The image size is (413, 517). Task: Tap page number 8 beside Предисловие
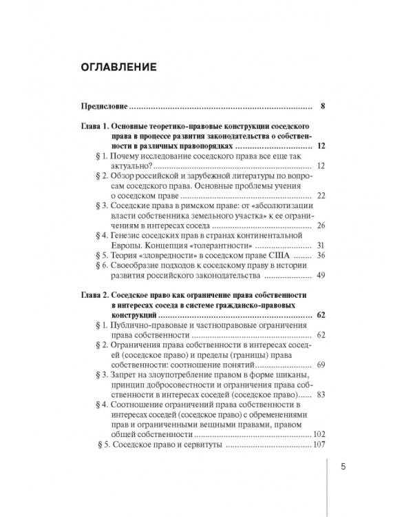click(x=323, y=107)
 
